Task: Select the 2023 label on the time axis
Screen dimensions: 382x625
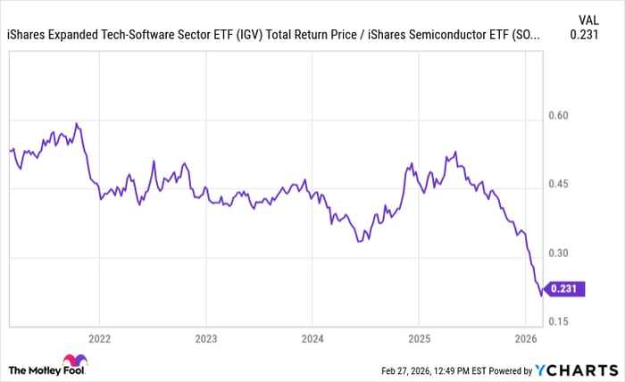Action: tap(205, 340)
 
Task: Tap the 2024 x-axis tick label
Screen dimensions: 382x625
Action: tap(312, 340)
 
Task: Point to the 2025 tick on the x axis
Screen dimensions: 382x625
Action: tap(419, 340)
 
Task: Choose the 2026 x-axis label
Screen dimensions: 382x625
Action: tap(526, 340)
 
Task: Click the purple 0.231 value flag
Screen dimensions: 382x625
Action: tap(566, 289)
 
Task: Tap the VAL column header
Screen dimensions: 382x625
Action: tap(588, 19)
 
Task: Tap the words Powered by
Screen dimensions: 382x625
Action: tap(507, 370)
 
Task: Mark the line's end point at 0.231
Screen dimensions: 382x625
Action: tap(541, 294)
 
